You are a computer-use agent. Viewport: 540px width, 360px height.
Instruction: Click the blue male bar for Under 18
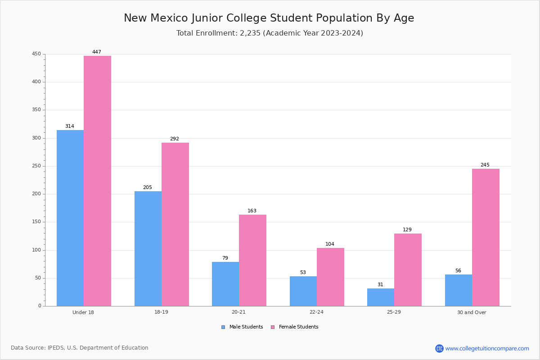click(70, 218)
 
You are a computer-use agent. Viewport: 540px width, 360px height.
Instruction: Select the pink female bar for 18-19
click(175, 224)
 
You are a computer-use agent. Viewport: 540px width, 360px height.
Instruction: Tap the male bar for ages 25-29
click(381, 297)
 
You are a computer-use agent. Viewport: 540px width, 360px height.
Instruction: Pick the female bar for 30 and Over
click(486, 238)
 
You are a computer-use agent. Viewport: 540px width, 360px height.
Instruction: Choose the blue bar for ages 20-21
click(225, 284)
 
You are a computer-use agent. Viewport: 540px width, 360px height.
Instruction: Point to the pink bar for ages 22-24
click(330, 277)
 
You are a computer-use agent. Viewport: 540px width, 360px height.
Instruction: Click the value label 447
click(97, 52)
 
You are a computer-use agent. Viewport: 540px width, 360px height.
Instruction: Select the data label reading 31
click(380, 284)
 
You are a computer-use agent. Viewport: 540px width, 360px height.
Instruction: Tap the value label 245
click(485, 165)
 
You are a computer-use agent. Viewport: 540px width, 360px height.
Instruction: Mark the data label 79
click(225, 258)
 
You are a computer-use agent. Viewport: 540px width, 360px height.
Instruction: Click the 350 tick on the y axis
click(36, 110)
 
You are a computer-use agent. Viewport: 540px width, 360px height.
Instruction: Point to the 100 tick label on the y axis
click(36, 250)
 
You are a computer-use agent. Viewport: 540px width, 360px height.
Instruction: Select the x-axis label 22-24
click(316, 312)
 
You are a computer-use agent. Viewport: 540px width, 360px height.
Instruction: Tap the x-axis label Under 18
click(83, 312)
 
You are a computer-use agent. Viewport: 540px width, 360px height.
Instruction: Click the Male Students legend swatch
click(223, 327)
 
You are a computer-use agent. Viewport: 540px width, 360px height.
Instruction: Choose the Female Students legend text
click(298, 327)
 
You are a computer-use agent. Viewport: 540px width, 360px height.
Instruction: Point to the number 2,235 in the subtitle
click(250, 33)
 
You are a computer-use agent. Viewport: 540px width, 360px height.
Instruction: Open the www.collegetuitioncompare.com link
click(487, 348)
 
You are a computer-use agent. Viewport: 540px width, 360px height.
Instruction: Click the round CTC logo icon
click(439, 348)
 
